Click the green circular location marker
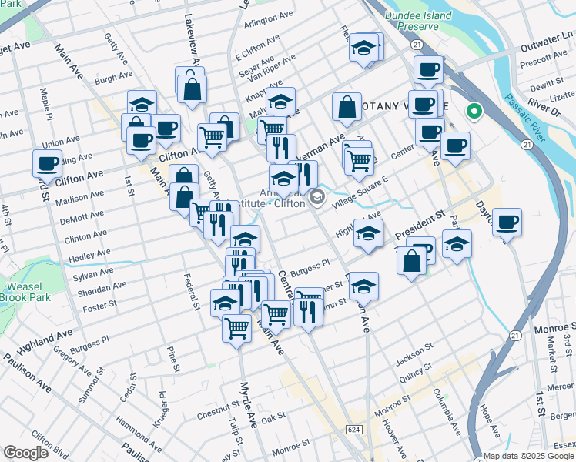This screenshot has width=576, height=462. (x=474, y=112)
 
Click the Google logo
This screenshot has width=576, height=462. (x=26, y=453)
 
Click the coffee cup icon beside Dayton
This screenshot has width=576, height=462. (x=507, y=223)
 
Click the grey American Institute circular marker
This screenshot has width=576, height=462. (x=316, y=199)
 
